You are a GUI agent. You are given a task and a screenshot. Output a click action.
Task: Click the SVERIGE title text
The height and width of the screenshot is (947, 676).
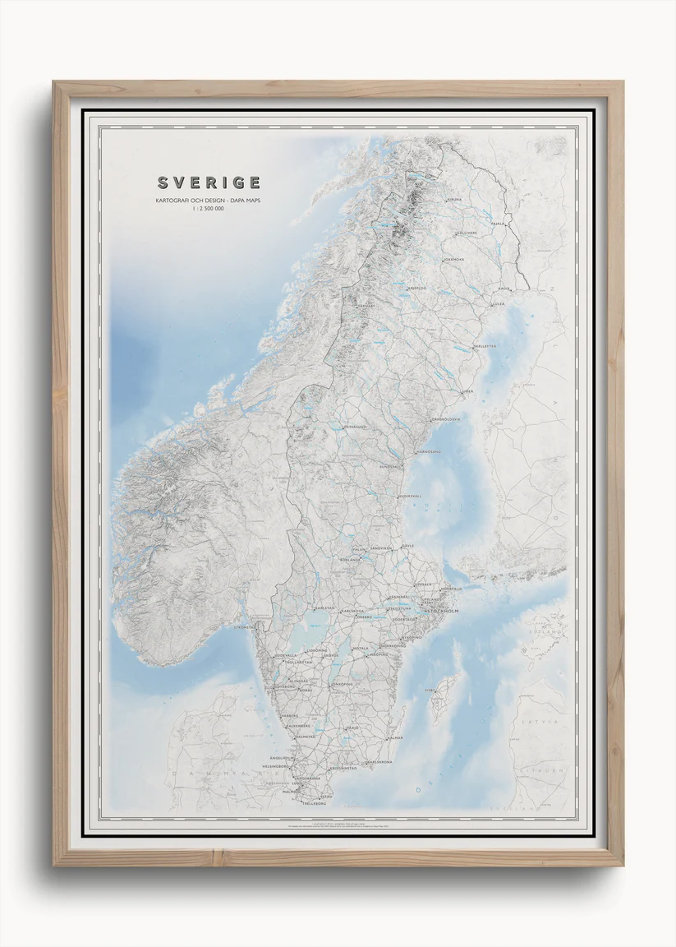coord(209,182)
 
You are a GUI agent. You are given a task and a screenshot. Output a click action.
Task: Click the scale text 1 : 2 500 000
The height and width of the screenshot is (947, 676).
coord(208,209)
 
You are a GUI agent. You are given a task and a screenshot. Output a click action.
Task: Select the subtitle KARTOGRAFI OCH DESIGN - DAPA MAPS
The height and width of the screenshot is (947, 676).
coord(208,201)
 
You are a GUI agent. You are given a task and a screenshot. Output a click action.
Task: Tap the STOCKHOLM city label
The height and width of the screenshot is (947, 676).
coord(440,612)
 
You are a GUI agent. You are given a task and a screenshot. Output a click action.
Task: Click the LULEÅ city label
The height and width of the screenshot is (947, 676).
coord(499,304)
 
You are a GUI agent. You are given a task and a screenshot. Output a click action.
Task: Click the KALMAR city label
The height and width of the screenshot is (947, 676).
coord(394,738)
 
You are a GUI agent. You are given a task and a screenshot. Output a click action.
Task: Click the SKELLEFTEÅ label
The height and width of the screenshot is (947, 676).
coord(485,346)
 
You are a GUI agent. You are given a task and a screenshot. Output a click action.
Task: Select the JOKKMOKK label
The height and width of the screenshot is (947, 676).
coord(453,260)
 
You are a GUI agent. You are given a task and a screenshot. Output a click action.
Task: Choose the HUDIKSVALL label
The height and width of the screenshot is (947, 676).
coord(409,497)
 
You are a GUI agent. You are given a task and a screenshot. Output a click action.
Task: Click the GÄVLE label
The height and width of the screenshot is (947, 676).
coord(408,545)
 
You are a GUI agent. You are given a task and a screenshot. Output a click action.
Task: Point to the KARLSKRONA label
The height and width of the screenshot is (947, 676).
coord(379,761)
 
